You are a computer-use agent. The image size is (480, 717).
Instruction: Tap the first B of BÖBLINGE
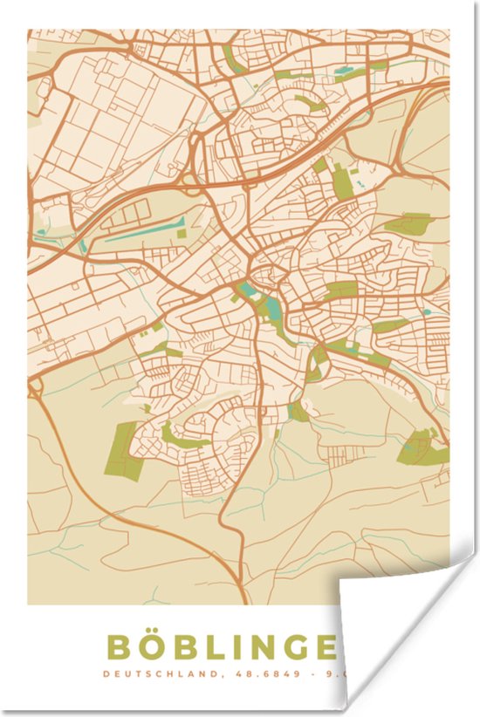(119, 647)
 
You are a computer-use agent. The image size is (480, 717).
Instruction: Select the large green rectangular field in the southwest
(126, 448)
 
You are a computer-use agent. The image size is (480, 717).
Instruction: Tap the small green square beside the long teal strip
(182, 233)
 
